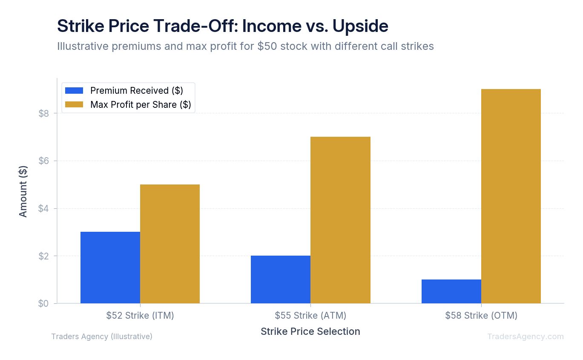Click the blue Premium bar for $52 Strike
tap(110, 268)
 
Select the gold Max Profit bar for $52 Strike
tap(170, 244)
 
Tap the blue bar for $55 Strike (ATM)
tap(281, 279)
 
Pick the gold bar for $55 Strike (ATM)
tap(340, 220)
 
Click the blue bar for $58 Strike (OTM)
tap(451, 291)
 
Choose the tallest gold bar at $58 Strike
tap(511, 196)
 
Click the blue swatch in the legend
tap(74, 90)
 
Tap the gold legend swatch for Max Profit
tap(74, 104)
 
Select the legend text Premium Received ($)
tap(136, 90)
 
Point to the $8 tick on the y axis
tap(44, 113)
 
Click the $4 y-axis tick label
tap(44, 209)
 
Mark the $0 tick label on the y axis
tap(44, 304)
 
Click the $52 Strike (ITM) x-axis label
tap(140, 316)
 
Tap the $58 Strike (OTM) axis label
tap(481, 316)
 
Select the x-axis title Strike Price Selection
tap(310, 331)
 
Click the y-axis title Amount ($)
tap(23, 191)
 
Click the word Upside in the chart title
tap(360, 26)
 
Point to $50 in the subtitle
tap(267, 46)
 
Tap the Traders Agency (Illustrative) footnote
tap(102, 337)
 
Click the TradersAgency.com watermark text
tap(526, 337)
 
